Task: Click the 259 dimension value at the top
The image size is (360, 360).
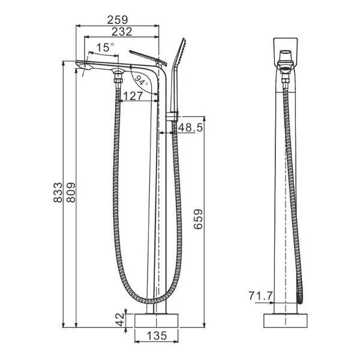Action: pos(117,20)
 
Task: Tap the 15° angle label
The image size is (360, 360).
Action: pos(104,47)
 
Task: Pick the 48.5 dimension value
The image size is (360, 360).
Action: pos(191,127)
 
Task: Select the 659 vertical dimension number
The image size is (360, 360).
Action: pos(197,222)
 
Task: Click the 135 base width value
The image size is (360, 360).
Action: pos(156,336)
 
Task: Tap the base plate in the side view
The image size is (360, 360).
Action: pos(157,319)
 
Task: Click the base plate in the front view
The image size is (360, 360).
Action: pos(286,320)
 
